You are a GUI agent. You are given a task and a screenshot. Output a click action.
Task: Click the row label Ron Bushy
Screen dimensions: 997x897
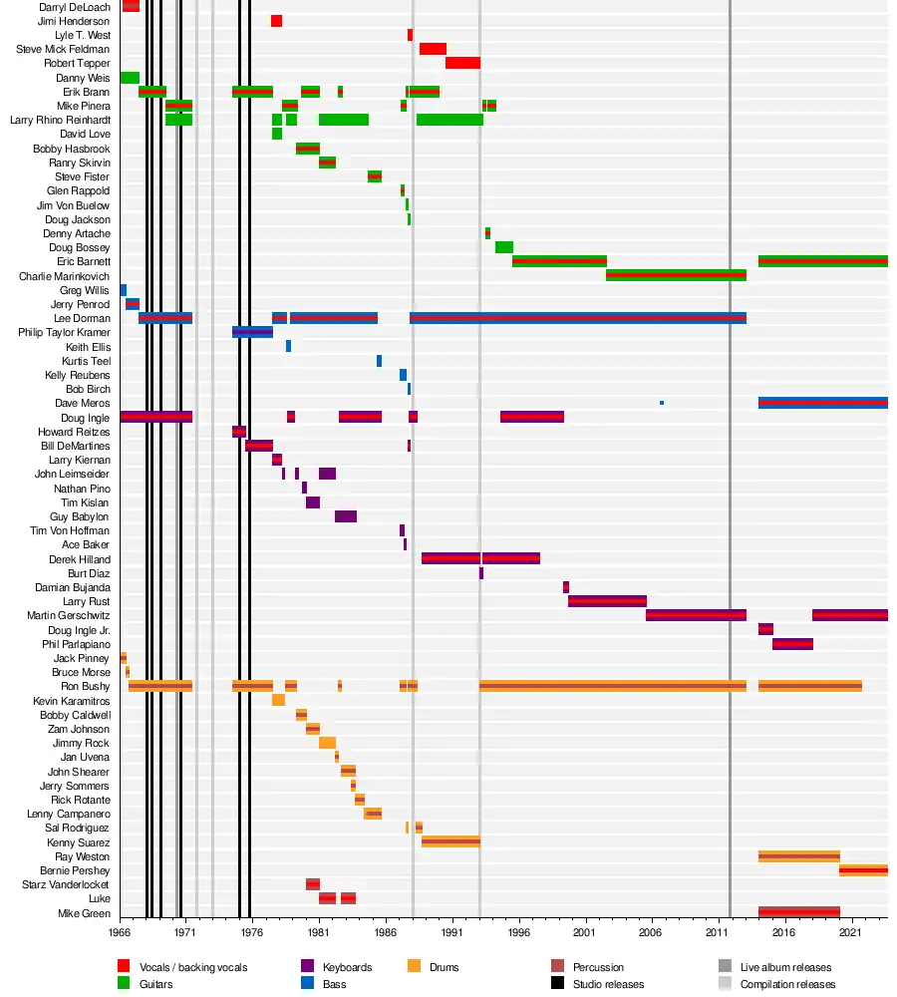click(86, 687)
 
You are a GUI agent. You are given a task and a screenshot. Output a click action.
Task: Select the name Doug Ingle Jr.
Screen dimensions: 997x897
click(79, 630)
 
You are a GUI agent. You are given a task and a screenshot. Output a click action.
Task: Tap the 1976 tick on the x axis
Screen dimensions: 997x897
click(252, 933)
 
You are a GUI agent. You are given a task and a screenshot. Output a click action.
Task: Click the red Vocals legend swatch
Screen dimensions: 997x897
click(124, 967)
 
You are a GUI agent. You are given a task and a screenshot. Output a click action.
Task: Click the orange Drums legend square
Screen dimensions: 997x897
click(416, 967)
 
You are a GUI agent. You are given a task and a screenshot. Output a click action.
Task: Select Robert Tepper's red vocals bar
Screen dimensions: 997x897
click(462, 63)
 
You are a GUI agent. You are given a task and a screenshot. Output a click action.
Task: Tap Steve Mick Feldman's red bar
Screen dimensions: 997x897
click(433, 49)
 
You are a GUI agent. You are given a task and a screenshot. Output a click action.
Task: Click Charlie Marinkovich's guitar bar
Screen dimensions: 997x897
click(676, 275)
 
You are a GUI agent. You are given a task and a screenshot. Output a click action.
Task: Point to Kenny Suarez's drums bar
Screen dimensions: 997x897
click(450, 842)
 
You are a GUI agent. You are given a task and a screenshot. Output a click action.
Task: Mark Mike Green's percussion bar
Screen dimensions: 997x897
click(798, 912)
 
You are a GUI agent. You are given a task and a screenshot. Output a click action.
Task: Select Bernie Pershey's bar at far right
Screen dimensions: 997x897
click(863, 870)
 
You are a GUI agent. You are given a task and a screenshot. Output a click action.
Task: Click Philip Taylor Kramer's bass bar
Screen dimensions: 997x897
click(252, 332)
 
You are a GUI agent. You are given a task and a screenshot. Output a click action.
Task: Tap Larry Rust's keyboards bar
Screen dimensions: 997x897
click(607, 601)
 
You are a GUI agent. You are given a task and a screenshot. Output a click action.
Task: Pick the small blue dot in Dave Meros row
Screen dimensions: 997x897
click(662, 403)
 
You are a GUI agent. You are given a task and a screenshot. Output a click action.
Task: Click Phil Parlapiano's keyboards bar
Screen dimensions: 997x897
click(792, 644)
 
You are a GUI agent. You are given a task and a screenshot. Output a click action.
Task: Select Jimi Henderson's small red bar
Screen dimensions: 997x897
click(276, 21)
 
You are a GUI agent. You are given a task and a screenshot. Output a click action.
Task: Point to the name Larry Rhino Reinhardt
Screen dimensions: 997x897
click(60, 120)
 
